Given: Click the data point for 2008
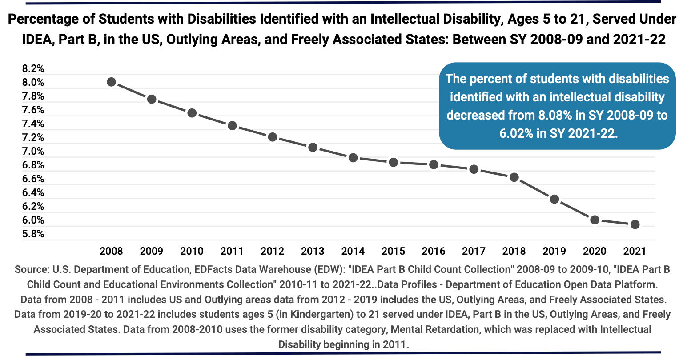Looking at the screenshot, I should (112, 82).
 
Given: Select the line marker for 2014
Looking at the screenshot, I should (353, 158).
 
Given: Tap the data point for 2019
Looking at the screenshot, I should (554, 199).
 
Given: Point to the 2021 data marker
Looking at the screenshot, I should (635, 224).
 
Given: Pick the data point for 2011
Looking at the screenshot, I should (232, 126).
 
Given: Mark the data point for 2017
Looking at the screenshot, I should (474, 169).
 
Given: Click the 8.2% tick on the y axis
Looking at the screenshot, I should (33, 68).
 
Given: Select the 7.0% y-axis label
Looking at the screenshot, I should (33, 151).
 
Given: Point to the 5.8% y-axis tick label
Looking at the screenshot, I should (33, 234).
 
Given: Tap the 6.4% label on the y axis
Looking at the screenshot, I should (33, 192).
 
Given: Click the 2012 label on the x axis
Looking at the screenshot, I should (272, 251).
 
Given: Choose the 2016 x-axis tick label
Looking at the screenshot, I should (434, 251).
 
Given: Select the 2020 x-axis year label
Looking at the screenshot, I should (595, 251).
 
